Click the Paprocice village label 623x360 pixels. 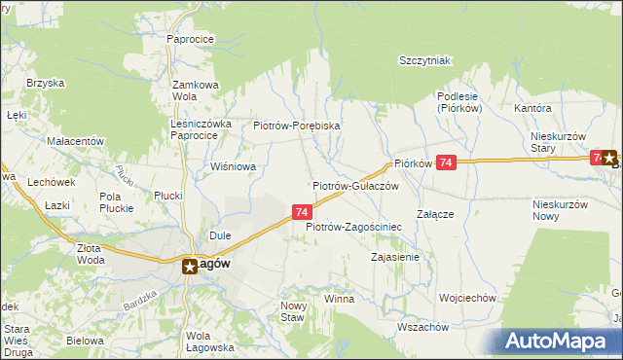(190, 39)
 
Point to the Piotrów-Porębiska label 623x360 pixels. (296, 126)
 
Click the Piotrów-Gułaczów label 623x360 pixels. (355, 185)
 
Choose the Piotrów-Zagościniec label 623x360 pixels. (353, 227)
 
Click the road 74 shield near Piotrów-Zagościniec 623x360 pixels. (302, 212)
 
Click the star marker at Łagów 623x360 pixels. (191, 265)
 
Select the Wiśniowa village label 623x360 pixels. (233, 166)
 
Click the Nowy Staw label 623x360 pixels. (293, 311)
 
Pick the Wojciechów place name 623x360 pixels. (468, 298)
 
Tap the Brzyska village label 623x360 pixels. (45, 84)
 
